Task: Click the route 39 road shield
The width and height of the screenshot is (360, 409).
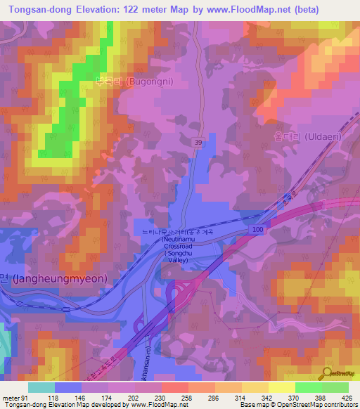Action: point(198,143)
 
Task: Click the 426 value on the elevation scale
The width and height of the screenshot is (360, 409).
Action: point(347,397)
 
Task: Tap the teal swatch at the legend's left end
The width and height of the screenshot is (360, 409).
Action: point(41,387)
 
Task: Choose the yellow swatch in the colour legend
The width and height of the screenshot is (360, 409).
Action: point(281,387)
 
